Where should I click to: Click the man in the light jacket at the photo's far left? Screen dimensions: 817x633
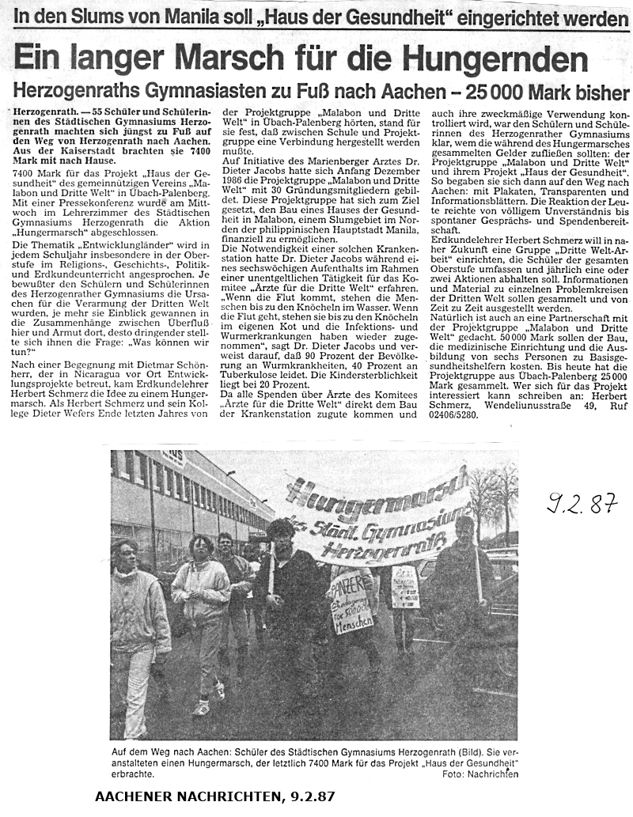click(135, 625)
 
